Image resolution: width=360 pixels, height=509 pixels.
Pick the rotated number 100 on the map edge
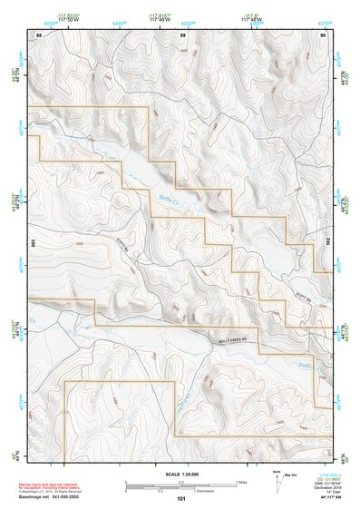[x=34, y=242]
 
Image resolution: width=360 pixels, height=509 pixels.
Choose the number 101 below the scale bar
[x=181, y=498]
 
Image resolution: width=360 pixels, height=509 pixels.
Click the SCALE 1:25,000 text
[x=181, y=475]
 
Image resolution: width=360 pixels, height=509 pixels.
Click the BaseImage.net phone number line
[x=53, y=498]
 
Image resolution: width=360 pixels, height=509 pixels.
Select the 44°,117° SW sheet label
[x=326, y=497]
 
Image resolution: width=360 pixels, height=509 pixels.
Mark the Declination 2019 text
[x=326, y=488]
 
